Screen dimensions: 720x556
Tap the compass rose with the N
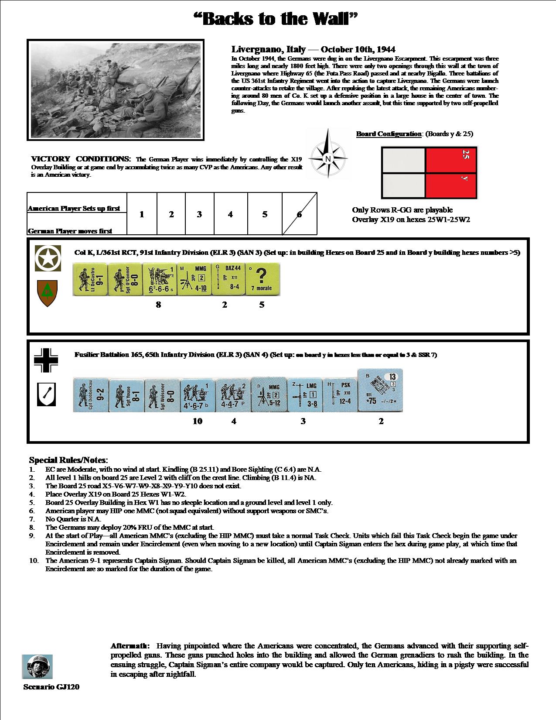327,158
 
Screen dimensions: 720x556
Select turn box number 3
199,214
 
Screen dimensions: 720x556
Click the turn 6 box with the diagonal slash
300,214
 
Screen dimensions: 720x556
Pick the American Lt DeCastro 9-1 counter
89,279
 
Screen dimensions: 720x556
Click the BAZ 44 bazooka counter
228,279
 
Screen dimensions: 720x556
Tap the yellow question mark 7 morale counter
263,279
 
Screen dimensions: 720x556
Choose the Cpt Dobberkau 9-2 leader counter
90,395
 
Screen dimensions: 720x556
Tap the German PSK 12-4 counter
340,395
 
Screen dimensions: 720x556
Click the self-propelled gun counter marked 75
380,391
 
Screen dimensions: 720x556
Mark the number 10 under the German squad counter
198,421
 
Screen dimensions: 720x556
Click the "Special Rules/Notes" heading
68,460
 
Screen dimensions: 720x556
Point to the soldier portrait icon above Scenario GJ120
37,667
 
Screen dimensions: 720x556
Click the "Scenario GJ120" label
51,687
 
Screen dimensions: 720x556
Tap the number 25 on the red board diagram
465,154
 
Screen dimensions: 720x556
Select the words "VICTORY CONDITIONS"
81,159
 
